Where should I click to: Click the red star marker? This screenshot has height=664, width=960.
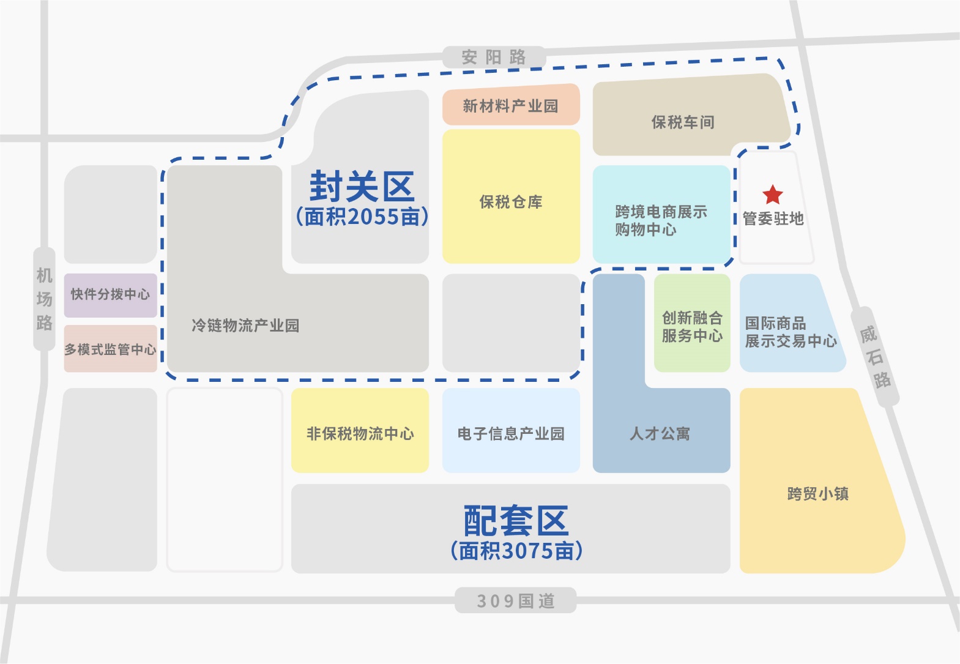(x=773, y=195)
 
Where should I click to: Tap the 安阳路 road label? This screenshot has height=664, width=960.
(x=494, y=57)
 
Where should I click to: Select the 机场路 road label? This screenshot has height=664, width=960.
(x=44, y=299)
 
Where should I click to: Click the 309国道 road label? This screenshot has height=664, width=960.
(x=516, y=601)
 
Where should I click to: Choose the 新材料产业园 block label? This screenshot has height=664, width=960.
(x=510, y=106)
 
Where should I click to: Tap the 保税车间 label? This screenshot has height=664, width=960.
(x=683, y=122)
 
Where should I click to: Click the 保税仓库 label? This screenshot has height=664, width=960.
(x=511, y=202)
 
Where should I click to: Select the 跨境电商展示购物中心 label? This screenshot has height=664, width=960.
(x=661, y=220)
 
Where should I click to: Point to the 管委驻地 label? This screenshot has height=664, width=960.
(x=773, y=218)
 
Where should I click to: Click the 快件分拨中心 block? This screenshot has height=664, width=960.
(x=110, y=295)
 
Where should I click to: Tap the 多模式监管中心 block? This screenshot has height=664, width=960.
(x=110, y=349)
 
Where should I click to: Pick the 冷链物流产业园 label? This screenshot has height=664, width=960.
(x=245, y=326)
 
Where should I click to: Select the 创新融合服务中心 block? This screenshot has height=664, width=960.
(x=692, y=326)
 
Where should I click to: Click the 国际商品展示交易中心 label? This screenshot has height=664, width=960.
(x=791, y=332)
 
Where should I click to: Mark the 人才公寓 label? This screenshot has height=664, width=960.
(x=660, y=434)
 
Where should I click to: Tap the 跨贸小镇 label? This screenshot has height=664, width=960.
(x=817, y=494)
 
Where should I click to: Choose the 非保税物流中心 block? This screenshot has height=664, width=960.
(x=360, y=433)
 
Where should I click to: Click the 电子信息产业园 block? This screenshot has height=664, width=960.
(x=511, y=434)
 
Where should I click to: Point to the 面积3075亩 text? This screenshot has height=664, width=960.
(x=516, y=551)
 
